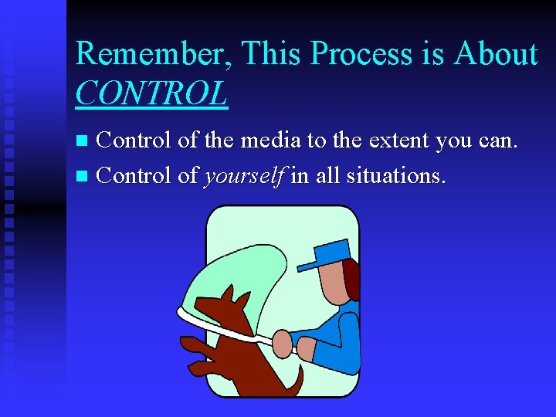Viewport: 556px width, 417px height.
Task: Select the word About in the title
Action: tap(495, 55)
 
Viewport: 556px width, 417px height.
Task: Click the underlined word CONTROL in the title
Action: tap(151, 93)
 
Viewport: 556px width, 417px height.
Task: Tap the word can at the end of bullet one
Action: tap(497, 141)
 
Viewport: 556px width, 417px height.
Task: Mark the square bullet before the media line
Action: tap(85, 141)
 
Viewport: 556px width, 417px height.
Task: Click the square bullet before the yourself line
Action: tap(85, 176)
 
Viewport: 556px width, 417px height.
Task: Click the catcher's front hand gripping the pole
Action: tap(283, 340)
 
